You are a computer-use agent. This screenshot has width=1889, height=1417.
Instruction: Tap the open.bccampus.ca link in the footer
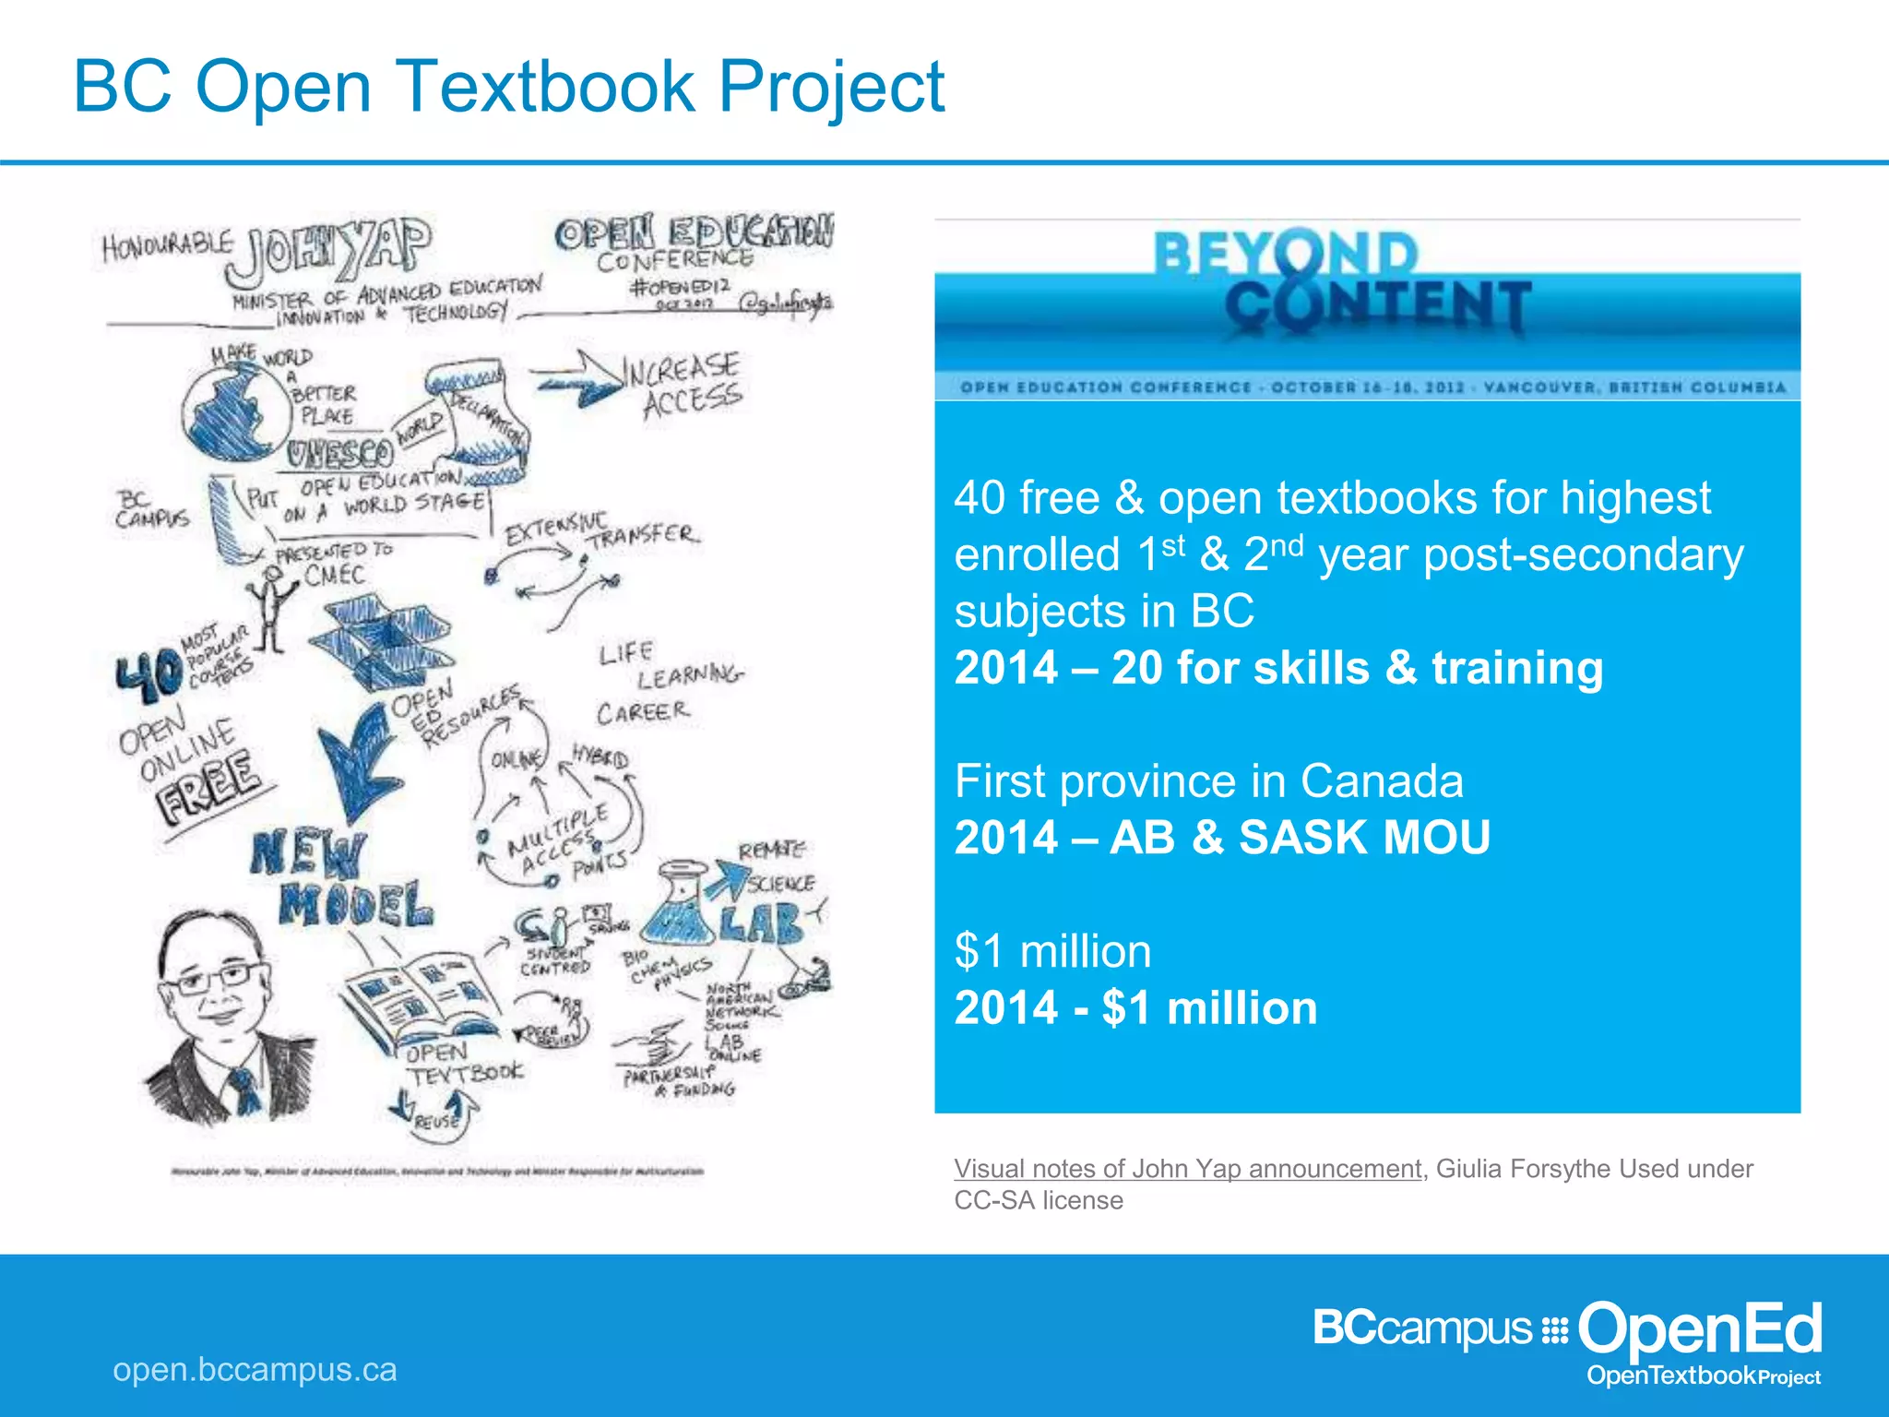click(x=255, y=1369)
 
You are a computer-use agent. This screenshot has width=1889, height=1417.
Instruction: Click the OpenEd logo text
click(x=1699, y=1329)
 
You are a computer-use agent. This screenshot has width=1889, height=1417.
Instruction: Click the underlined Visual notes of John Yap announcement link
click(x=1187, y=1169)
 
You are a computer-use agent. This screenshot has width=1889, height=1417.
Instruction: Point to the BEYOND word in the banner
click(x=1286, y=254)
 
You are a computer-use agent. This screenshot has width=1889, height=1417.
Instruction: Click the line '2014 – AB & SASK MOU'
click(x=1221, y=838)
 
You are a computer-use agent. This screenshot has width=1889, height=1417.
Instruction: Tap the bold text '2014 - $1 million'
click(x=1135, y=1007)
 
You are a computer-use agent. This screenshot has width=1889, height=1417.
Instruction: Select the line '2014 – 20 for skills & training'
click(x=1278, y=668)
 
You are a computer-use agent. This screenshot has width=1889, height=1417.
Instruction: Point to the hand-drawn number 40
click(x=148, y=673)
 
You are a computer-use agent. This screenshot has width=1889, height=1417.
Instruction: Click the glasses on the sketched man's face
click(x=219, y=978)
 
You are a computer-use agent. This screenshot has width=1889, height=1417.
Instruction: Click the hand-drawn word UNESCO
click(x=339, y=454)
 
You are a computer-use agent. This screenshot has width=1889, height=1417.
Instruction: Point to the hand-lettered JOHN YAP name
click(x=328, y=247)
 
